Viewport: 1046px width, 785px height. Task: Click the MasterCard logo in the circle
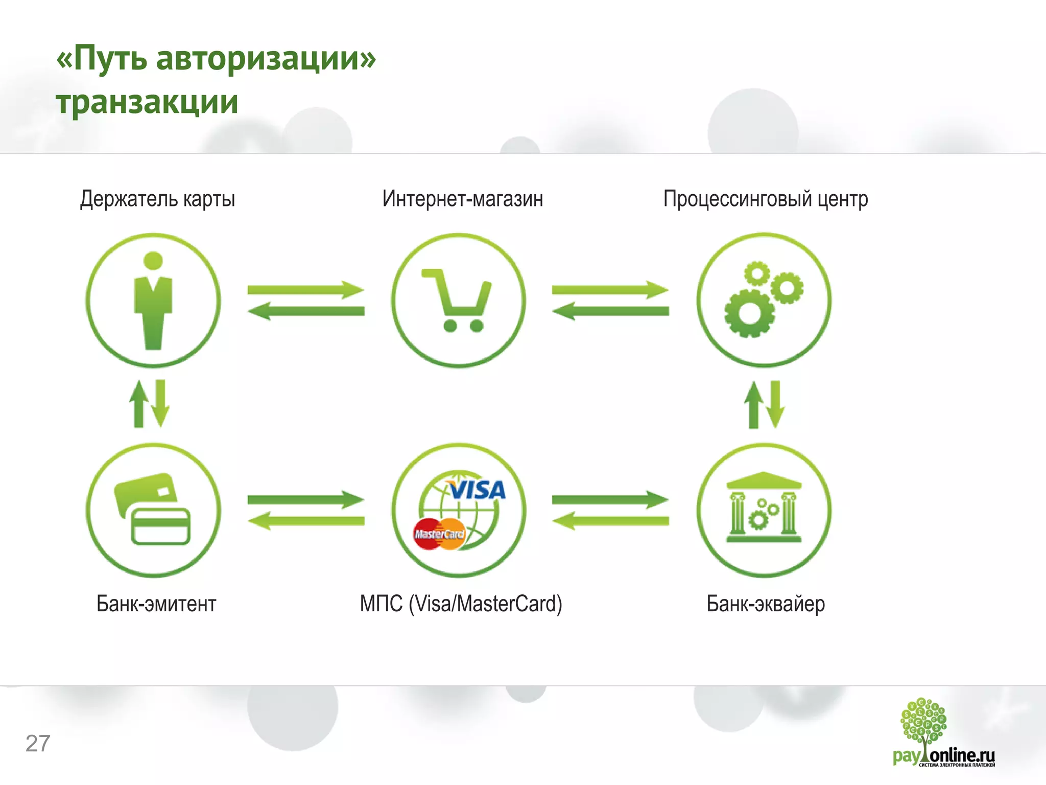(439, 534)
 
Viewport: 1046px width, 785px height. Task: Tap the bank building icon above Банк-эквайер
(764, 509)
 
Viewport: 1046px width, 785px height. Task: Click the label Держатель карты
(157, 199)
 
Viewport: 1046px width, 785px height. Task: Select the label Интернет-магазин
(462, 199)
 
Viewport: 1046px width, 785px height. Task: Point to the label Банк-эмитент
(156, 604)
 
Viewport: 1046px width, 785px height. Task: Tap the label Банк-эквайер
(765, 604)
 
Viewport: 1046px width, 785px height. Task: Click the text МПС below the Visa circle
(381, 604)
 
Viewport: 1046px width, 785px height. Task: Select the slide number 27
(38, 744)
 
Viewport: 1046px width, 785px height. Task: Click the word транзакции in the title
(147, 102)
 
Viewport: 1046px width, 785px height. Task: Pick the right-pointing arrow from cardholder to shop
(305, 290)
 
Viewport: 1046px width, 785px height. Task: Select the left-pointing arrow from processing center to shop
(610, 311)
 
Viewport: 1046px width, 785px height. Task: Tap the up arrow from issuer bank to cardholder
(138, 404)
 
